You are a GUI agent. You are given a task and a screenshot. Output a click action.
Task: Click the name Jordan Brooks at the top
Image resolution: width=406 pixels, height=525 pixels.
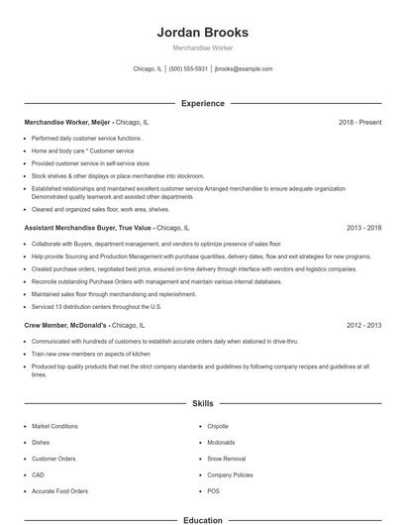[203, 32]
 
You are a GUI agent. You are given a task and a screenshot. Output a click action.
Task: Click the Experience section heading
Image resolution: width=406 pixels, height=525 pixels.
[203, 103]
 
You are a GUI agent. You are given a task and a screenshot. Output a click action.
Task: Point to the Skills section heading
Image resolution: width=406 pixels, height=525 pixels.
[203, 403]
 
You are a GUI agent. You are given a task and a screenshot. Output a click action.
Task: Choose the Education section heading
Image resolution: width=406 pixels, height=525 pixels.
[203, 519]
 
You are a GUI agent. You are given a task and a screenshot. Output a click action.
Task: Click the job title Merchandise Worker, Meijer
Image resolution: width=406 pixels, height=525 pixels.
[67, 122]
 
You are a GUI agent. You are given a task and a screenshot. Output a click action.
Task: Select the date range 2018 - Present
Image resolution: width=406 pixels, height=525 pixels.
[359, 122]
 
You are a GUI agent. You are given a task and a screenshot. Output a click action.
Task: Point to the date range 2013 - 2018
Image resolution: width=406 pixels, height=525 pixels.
[363, 228]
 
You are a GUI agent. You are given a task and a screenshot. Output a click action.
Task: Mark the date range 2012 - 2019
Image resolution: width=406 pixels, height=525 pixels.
[363, 324]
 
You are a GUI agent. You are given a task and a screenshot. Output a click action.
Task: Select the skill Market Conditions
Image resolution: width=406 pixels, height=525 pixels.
[55, 426]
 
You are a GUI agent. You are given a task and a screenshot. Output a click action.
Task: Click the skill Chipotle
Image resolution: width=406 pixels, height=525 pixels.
[218, 426]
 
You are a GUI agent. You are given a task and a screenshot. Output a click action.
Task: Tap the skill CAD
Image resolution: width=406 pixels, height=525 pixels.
[39, 474]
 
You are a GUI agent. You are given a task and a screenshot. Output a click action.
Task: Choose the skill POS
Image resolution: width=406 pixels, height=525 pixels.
[214, 491]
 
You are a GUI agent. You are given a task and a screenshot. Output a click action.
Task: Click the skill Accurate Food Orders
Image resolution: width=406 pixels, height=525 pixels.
[59, 491]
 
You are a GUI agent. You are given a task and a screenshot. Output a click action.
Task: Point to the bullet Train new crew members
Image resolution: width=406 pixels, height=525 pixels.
[91, 354]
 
